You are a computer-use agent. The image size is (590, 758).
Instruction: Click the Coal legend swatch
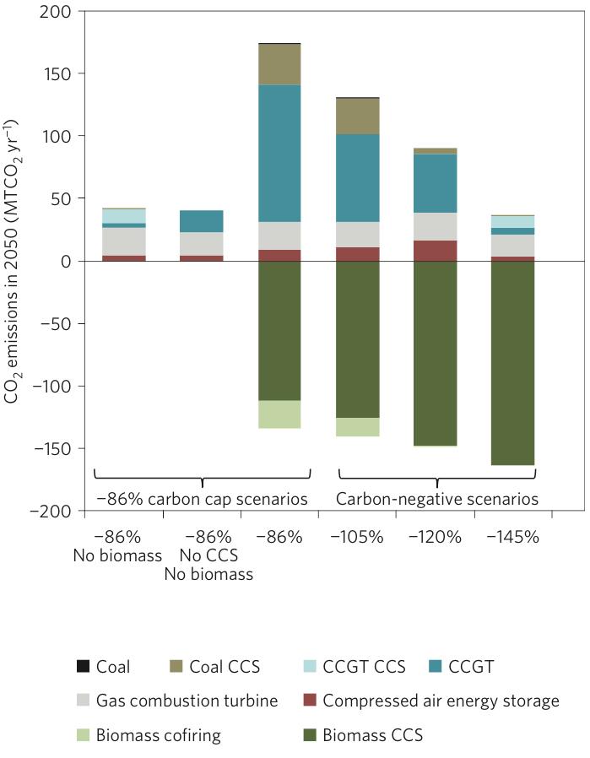click(82, 667)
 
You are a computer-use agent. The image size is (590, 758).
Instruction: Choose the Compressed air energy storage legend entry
click(441, 701)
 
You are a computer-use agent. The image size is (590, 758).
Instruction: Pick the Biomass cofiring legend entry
click(158, 735)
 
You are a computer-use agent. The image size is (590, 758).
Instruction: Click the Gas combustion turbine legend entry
click(187, 701)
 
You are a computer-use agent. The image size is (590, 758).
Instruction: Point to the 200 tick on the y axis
click(57, 12)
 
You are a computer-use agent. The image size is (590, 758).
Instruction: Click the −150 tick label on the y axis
click(52, 448)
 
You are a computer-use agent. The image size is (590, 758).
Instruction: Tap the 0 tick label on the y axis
click(68, 261)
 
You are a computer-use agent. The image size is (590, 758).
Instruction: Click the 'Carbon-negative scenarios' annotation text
click(436, 499)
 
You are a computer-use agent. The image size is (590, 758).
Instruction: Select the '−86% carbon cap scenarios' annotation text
click(202, 499)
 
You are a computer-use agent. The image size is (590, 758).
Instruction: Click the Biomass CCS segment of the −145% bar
click(512, 363)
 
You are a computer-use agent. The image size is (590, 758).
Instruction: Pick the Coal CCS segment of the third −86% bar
click(279, 64)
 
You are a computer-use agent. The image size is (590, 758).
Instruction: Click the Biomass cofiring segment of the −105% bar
click(357, 426)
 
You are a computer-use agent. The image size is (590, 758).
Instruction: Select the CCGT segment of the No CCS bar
click(202, 221)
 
